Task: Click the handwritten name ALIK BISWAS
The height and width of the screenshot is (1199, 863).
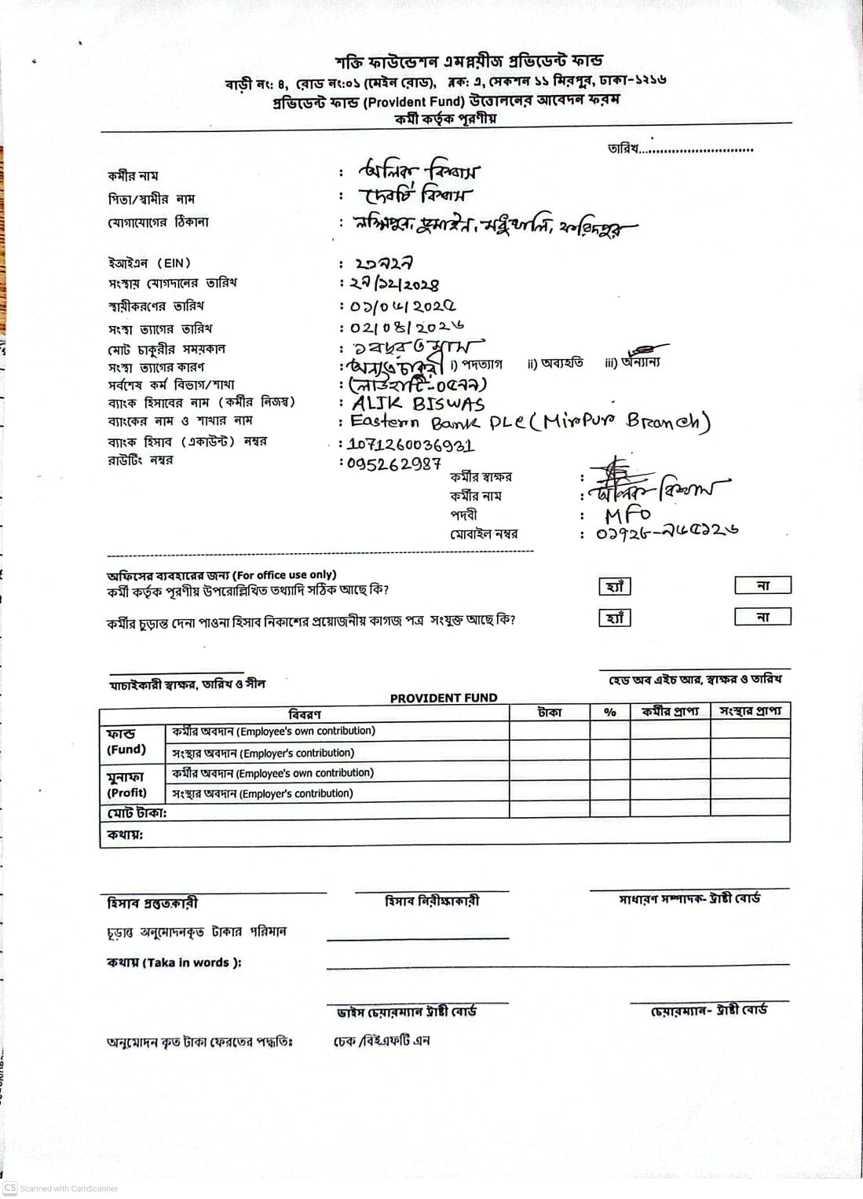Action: pos(418,404)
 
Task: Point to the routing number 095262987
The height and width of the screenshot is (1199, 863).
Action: pos(394,464)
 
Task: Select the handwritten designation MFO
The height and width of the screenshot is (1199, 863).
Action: pos(627,515)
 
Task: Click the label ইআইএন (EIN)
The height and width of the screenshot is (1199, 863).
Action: pos(149,263)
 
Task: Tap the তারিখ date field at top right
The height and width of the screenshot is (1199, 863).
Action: pos(680,148)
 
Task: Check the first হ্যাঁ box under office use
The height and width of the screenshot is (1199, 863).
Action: pos(615,587)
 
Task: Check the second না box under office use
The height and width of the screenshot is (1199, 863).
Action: pos(762,617)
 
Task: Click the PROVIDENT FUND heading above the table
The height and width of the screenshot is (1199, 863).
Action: pos(444,698)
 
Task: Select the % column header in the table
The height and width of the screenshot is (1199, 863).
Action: pos(609,712)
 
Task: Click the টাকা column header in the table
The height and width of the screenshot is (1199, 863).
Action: pos(549,712)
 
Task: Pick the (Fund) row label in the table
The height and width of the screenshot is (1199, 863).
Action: pos(126,750)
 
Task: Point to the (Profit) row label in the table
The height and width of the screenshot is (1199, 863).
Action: pos(126,793)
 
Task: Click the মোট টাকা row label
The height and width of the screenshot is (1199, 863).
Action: pos(137,813)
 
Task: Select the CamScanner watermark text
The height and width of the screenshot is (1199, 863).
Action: pos(68,1188)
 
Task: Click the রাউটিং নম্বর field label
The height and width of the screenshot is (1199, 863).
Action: pos(141,460)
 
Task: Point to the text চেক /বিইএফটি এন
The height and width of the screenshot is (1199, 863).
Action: pos(382,1041)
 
